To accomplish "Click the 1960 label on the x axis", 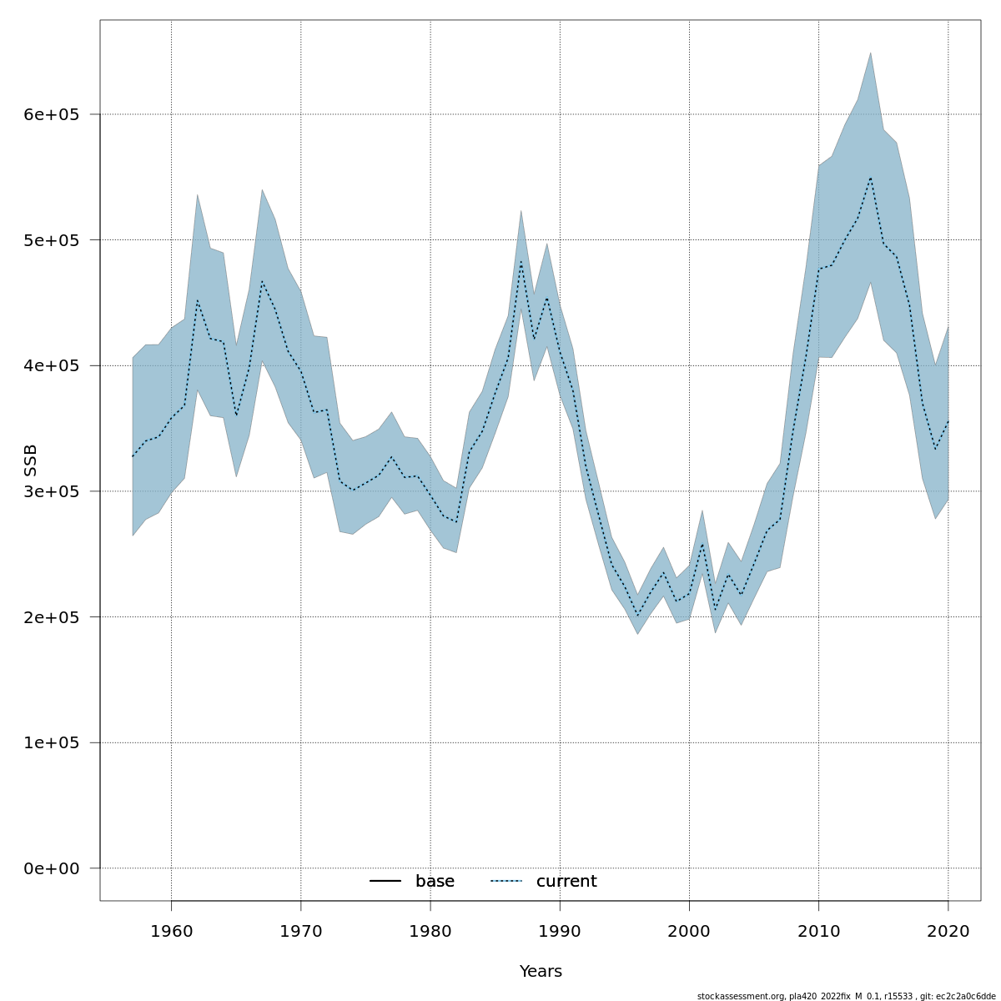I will pos(171,931).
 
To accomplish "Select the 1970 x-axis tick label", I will pos(301,931).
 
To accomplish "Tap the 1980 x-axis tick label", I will pos(430,931).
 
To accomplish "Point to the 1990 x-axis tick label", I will pos(560,931).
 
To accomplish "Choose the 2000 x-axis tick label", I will pos(690,931).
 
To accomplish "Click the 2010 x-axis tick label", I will pos(819,931).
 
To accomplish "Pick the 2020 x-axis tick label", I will pos(948,931).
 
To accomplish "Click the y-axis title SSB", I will pos(31,460).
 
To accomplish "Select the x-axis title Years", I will pos(541,972).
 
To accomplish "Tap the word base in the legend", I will pos(435,882).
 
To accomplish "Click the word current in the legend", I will pos(566,882).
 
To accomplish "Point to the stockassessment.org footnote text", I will pos(846,996).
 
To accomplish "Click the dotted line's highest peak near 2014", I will pos(871,178).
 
